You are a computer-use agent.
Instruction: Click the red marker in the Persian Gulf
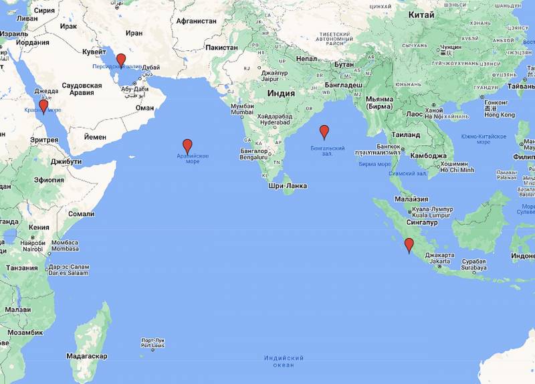(121, 60)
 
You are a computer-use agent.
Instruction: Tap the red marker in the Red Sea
(43, 106)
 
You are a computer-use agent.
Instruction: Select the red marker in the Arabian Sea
(187, 145)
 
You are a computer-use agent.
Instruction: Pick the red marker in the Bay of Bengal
(324, 131)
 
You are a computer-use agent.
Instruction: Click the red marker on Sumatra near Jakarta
(409, 245)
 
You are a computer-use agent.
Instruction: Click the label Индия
(281, 93)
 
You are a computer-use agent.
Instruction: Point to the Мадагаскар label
(87, 356)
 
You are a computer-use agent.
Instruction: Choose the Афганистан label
(196, 21)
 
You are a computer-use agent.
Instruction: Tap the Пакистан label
(221, 47)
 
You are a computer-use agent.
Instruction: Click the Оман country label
(144, 107)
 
